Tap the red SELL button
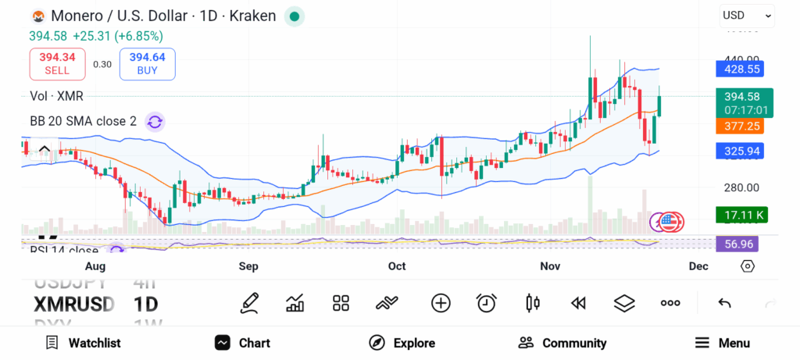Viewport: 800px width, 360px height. click(57, 63)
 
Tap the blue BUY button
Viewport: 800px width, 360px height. click(147, 63)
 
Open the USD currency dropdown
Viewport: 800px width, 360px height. click(746, 15)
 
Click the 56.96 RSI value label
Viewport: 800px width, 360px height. click(738, 244)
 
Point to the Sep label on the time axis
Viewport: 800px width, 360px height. click(248, 266)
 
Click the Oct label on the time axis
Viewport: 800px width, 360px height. click(397, 266)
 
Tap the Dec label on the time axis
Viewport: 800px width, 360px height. click(698, 266)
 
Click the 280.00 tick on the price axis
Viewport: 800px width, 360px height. click(741, 187)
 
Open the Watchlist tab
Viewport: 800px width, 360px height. click(83, 343)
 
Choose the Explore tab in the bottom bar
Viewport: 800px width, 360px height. click(402, 343)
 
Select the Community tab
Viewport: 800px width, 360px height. click(562, 343)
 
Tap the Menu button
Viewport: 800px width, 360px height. click(723, 343)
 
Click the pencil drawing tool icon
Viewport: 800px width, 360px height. click(249, 303)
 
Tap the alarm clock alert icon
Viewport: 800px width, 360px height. click(487, 303)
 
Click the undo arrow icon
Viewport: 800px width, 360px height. click(724, 303)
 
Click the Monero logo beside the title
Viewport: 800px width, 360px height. click(37, 16)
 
